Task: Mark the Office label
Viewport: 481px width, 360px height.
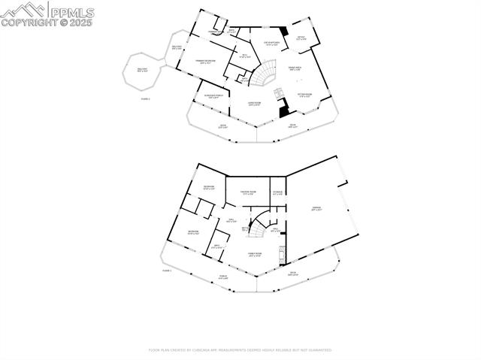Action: (x=300, y=38)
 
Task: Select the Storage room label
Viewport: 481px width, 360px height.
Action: (x=277, y=193)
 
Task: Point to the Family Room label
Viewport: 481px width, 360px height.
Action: (x=254, y=255)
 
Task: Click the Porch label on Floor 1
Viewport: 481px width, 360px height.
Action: (x=222, y=277)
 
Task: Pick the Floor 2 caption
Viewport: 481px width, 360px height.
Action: (x=145, y=98)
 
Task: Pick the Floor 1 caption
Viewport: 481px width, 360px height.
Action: (x=167, y=270)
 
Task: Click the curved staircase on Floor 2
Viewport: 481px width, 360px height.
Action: (x=264, y=75)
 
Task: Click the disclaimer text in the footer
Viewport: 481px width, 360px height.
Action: (x=240, y=349)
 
